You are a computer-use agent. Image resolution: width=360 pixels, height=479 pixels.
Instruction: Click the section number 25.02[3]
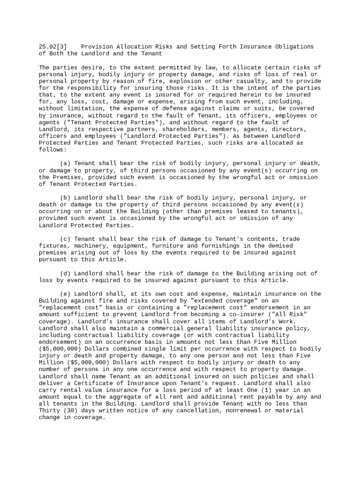click(52, 47)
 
